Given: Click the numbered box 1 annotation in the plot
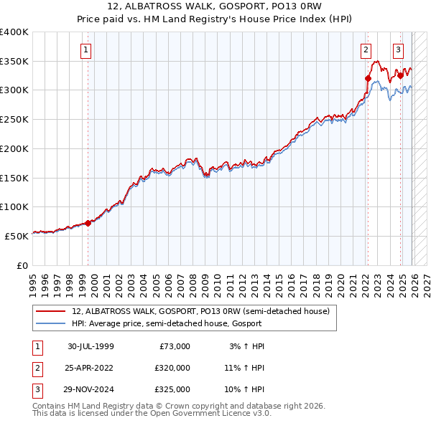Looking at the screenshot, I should (85, 50).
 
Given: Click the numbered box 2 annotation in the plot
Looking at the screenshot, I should (366, 50).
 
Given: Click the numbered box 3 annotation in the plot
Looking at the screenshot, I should (398, 50).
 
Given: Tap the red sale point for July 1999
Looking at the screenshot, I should (88, 223).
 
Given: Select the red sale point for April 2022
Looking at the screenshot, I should (368, 79).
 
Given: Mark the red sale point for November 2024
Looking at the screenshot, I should (400, 75).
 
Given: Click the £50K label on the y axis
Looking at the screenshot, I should (17, 235).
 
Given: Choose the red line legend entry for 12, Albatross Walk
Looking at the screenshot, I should (200, 311).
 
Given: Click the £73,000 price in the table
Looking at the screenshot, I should (173, 346).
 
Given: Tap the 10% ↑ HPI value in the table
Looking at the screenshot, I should (244, 389).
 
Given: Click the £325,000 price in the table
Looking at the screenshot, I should (173, 389).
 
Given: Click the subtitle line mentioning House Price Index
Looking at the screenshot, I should (215, 19).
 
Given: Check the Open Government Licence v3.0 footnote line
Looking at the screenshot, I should (152, 414).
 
